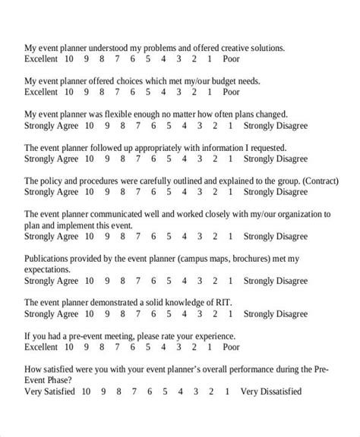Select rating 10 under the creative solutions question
tap(69, 58)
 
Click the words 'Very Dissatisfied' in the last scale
tap(271, 391)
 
